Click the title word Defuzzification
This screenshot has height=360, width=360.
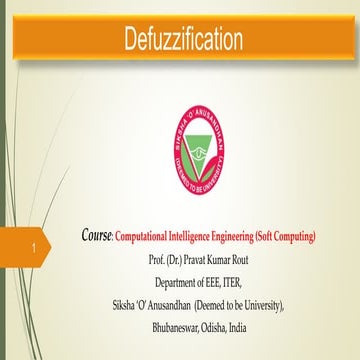(x=183, y=40)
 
